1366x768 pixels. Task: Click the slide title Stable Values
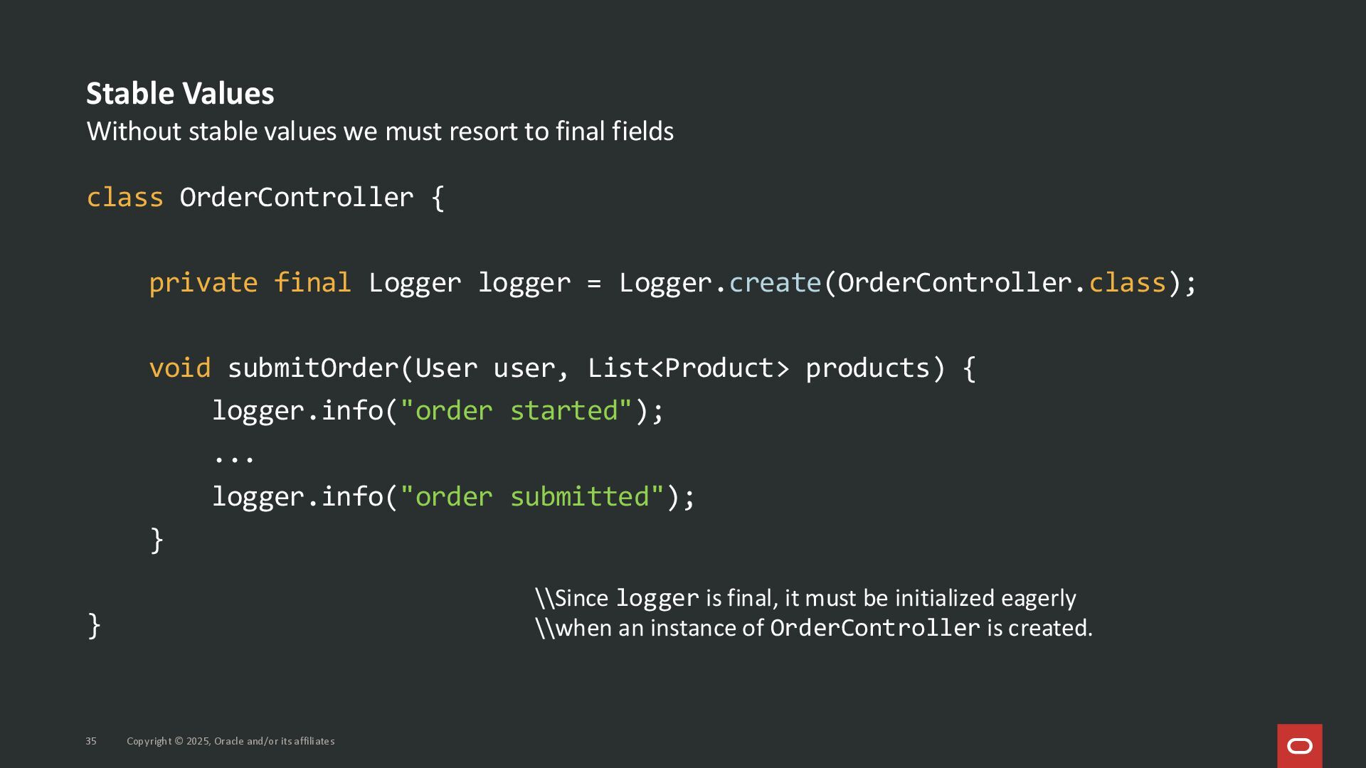click(180, 94)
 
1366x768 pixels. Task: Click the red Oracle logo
click(1299, 745)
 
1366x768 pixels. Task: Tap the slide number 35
click(91, 741)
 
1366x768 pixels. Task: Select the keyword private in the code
click(203, 283)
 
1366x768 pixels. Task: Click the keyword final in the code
click(312, 283)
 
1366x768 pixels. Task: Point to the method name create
click(775, 283)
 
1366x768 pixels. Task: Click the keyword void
click(180, 368)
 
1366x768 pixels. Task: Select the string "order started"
click(516, 411)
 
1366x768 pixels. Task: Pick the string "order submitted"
click(531, 496)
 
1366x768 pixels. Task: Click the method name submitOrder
click(313, 368)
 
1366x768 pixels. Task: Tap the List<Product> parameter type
click(688, 368)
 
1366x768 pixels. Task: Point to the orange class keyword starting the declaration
click(125, 198)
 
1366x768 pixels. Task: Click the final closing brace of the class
click(94, 626)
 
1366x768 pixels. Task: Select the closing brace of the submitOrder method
click(157, 540)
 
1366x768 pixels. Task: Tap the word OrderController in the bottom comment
click(874, 628)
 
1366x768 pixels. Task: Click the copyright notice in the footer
click(231, 741)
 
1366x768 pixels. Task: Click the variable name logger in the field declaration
click(524, 283)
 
